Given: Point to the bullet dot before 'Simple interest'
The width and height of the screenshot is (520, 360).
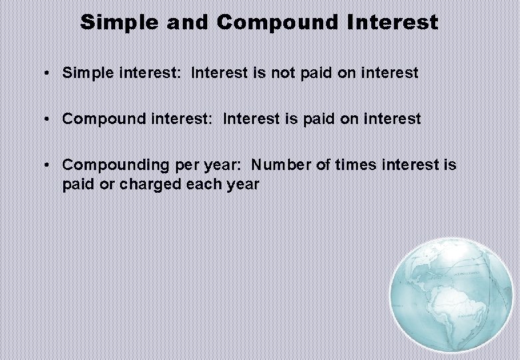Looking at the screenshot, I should (48, 73).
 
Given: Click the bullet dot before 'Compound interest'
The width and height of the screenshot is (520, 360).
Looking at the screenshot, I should (48, 119).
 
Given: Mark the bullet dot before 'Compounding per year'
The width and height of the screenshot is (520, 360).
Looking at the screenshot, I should (48, 165).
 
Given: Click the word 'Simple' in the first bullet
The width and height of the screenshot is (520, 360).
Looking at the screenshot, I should (87, 73).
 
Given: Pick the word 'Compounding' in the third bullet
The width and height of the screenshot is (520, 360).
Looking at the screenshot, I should (108, 165).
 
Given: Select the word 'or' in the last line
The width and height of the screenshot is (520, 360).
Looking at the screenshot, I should (101, 184).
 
